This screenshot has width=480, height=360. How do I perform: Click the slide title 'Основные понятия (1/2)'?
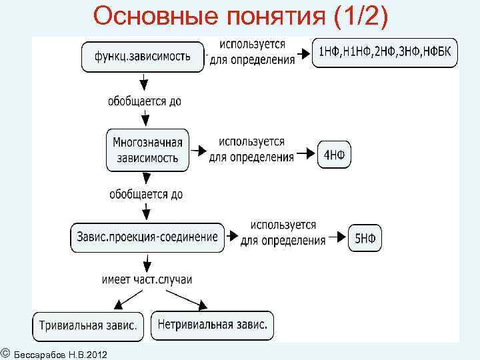(240, 16)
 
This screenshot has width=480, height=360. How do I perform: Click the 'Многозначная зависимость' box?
(148, 150)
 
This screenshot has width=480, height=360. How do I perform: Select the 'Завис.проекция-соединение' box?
(147, 237)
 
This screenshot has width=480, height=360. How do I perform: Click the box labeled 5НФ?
(365, 238)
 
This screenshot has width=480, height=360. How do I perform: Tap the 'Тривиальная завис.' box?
(88, 326)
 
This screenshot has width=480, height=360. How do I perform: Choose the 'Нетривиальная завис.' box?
(213, 325)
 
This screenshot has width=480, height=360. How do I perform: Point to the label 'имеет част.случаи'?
(147, 279)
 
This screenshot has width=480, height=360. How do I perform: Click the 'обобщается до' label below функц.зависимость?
(145, 102)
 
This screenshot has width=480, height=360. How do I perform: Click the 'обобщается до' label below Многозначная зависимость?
(146, 195)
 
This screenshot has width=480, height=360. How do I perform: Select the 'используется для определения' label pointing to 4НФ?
(251, 150)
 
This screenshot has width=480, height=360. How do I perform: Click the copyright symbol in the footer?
(5, 351)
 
